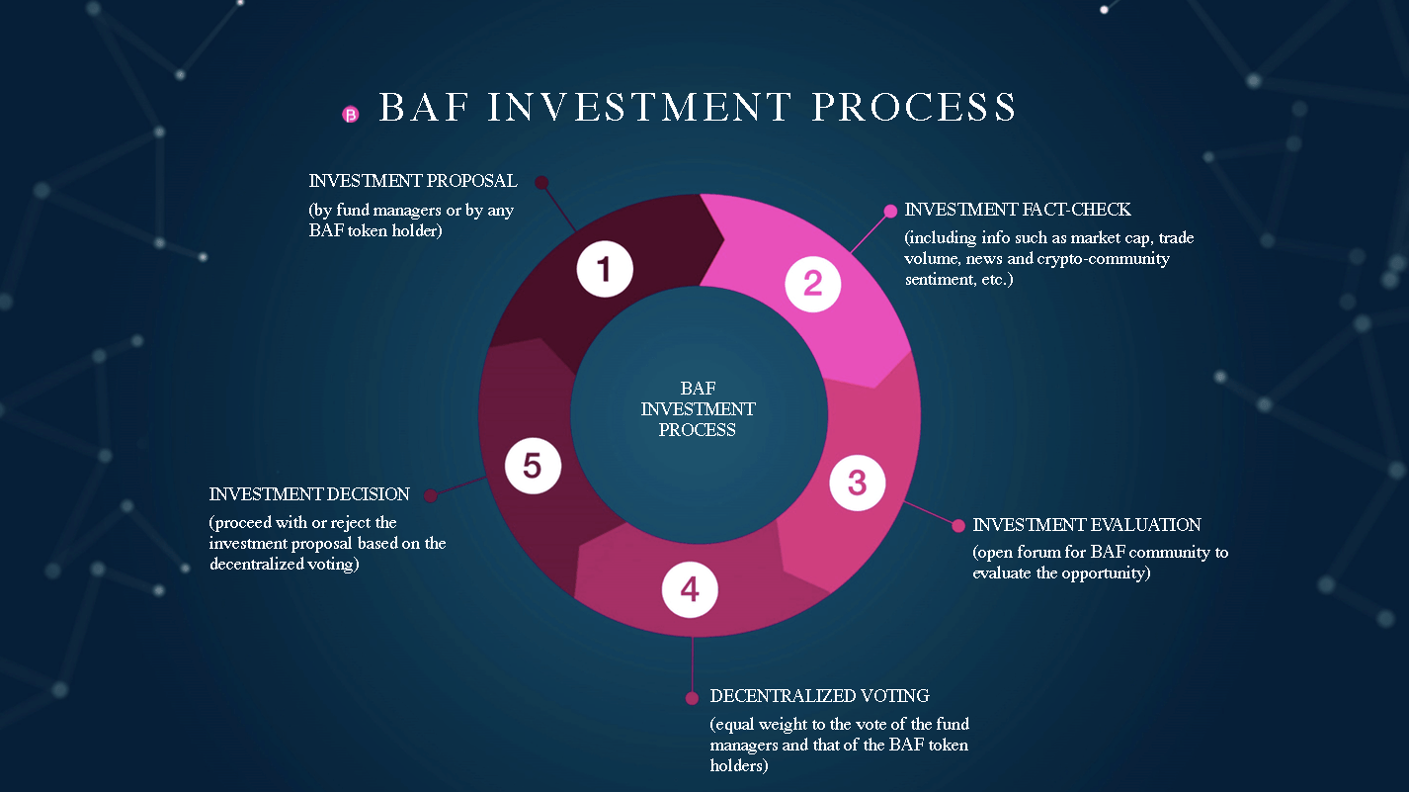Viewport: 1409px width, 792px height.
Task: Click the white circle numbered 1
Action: click(605, 269)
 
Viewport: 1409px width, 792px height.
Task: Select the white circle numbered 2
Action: click(812, 283)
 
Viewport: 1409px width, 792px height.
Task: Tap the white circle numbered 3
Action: click(857, 483)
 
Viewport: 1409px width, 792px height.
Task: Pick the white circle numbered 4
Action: click(690, 589)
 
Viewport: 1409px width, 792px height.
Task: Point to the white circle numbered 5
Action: click(533, 466)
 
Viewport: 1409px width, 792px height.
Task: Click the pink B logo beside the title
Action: click(350, 115)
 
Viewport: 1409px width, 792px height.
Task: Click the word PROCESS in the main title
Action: click(914, 108)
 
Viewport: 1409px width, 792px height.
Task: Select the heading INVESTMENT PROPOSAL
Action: click(413, 182)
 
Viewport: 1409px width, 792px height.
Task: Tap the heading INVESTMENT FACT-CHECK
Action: click(1018, 210)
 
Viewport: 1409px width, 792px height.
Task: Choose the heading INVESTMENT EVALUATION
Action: click(1087, 525)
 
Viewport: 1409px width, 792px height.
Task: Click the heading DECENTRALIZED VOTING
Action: click(819, 696)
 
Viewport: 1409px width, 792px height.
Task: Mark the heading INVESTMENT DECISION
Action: click(309, 494)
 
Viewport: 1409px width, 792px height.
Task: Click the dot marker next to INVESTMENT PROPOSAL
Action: click(540, 182)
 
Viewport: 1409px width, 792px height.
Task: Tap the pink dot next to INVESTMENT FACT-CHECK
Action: click(890, 211)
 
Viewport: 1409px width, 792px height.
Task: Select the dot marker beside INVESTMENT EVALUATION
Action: click(956, 525)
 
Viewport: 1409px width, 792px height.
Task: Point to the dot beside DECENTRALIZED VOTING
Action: click(692, 697)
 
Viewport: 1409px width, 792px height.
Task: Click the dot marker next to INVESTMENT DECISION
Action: click(430, 495)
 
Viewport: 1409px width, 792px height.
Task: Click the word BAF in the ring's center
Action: click(698, 389)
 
